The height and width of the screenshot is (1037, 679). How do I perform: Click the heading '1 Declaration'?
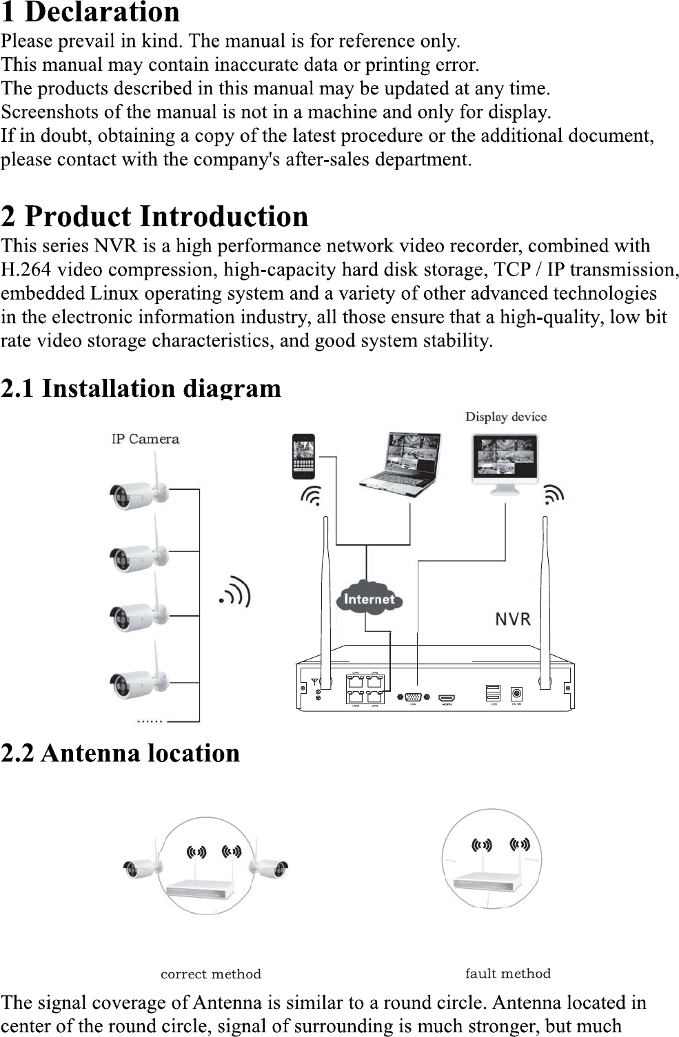point(90,12)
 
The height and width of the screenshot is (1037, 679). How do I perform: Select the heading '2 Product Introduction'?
point(154,216)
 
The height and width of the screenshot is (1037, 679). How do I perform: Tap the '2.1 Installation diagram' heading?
point(141,389)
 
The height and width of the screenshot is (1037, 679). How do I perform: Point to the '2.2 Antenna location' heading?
point(121,753)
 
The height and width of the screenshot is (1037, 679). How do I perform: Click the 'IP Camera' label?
point(145,439)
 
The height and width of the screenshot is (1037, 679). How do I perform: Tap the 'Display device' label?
point(505,417)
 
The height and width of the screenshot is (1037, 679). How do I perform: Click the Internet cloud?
point(369,599)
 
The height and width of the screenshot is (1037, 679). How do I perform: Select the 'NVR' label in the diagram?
point(513,619)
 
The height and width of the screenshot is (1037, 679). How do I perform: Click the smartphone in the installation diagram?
point(303,456)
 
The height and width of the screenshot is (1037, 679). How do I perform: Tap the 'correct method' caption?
point(210,974)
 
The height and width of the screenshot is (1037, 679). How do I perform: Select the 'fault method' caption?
point(507,974)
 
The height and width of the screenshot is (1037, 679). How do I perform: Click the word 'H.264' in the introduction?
point(26,269)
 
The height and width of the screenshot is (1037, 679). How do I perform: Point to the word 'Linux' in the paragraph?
point(115,294)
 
